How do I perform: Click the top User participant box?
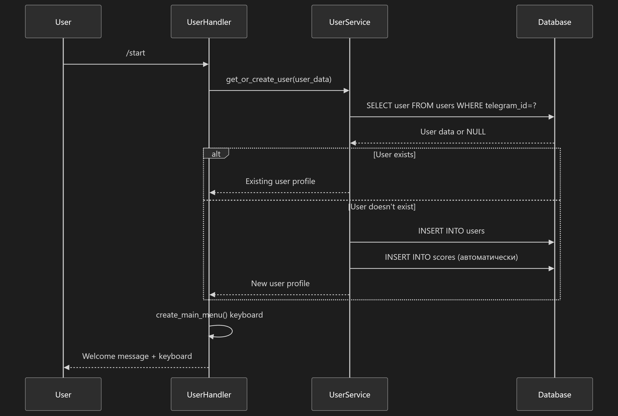(63, 21)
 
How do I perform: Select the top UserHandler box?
(209, 21)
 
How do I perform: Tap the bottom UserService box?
(350, 394)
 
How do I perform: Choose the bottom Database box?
(554, 394)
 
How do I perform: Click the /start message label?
(135, 53)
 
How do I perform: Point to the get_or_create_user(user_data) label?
(279, 79)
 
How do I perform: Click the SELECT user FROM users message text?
(451, 106)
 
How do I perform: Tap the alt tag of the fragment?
(216, 154)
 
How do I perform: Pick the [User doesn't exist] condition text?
(382, 207)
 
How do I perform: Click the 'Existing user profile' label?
(280, 181)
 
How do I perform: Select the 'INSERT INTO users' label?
(451, 231)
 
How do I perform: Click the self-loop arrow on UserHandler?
(232, 331)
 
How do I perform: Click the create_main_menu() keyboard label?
(209, 315)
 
